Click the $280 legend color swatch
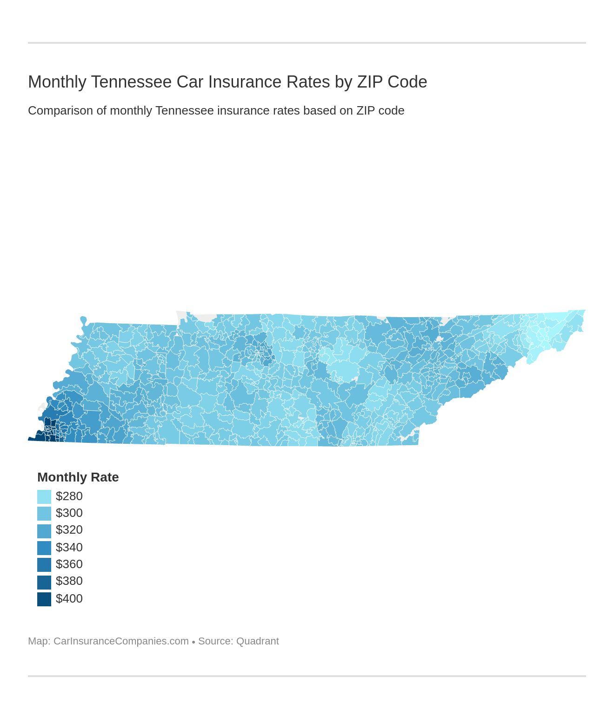(44, 496)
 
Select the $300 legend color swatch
(44, 513)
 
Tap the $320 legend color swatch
(44, 530)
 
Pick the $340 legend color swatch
(44, 548)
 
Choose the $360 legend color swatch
(44, 564)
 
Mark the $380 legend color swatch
(44, 582)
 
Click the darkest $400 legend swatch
(44, 599)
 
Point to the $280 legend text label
(69, 496)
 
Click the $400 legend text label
(69, 599)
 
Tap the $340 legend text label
(69, 548)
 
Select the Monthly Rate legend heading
(78, 477)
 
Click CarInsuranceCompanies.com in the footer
(121, 641)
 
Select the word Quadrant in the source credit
(257, 641)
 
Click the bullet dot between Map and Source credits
(193, 642)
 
